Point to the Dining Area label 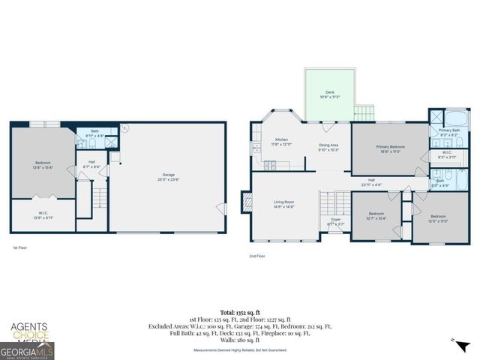[328, 147]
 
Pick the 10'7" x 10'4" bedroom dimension [376, 218]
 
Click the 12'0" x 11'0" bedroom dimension [438, 220]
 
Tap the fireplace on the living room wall [244, 202]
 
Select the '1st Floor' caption [20, 247]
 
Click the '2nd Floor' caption [257, 256]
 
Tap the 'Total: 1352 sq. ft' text [240, 310]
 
